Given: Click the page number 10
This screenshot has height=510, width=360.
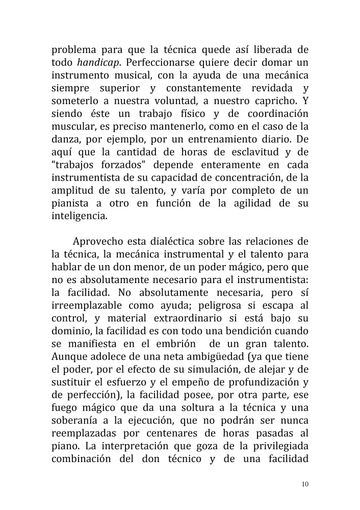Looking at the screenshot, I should (305, 483).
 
